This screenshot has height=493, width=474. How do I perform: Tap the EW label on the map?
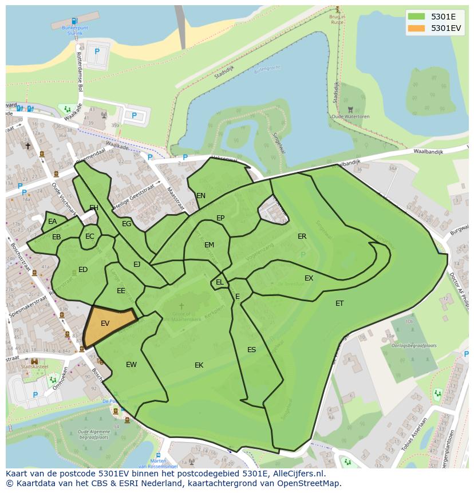click(131, 365)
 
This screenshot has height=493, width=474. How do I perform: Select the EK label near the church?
click(199, 365)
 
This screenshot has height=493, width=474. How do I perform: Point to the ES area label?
click(251, 350)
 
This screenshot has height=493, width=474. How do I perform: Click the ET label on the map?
click(339, 303)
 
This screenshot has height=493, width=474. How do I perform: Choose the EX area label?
click(309, 278)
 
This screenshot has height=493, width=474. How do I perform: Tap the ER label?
click(302, 236)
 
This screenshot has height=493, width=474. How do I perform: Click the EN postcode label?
click(201, 196)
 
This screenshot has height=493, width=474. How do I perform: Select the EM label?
click(209, 245)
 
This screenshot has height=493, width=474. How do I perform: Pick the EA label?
click(53, 222)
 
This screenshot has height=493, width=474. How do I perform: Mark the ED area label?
click(83, 270)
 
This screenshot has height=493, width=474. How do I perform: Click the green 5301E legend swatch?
click(416, 17)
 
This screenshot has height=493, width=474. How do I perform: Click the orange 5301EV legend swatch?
click(416, 28)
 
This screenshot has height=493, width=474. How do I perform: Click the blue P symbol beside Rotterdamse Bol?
click(97, 52)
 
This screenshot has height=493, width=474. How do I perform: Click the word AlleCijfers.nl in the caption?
click(297, 474)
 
